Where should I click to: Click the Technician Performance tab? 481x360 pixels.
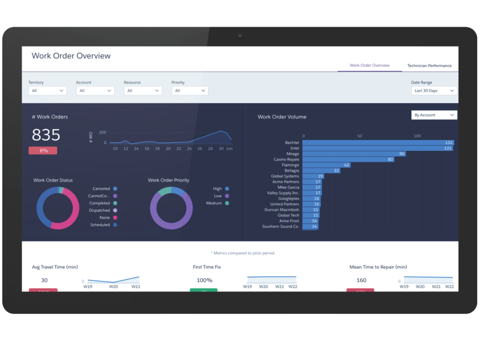(x=429, y=66)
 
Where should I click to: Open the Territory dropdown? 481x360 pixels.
(x=47, y=91)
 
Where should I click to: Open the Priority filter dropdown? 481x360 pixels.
(x=190, y=91)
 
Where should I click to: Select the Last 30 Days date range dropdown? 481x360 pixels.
(x=434, y=91)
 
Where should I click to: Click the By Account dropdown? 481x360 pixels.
(x=434, y=115)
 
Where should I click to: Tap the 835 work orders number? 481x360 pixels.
(x=46, y=135)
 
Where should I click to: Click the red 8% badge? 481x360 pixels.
(x=43, y=151)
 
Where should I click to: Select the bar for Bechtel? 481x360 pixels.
(x=378, y=143)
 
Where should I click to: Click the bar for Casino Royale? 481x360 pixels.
(x=349, y=160)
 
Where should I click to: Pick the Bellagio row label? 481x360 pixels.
(x=292, y=171)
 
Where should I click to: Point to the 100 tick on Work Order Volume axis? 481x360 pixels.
(x=417, y=136)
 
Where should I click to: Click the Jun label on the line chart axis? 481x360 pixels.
(x=229, y=149)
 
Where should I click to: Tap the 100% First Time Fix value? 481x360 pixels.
(x=204, y=281)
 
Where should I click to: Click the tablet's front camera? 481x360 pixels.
(x=240, y=35)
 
